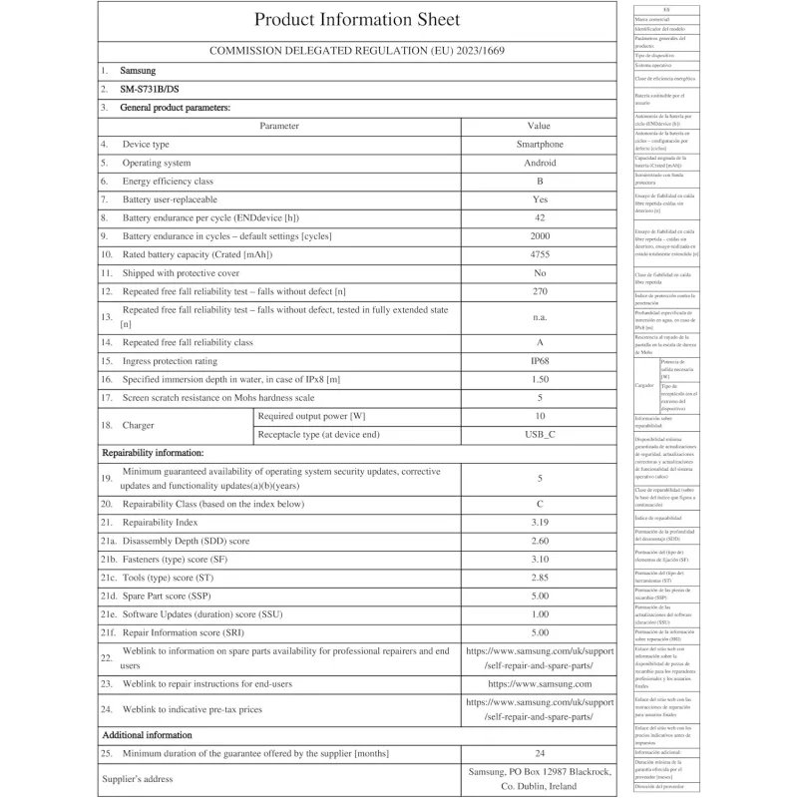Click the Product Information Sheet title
click(357, 20)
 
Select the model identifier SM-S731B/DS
click(150, 89)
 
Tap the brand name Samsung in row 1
click(138, 71)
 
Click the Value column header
click(539, 126)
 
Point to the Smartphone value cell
click(539, 145)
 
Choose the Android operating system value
click(539, 163)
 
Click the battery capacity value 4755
click(539, 254)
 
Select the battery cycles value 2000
click(539, 235)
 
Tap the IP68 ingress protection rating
click(539, 361)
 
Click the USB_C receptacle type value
click(539, 434)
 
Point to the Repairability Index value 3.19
click(539, 522)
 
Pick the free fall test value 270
click(539, 290)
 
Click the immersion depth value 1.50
click(539, 379)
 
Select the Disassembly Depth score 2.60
click(539, 540)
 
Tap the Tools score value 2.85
click(539, 577)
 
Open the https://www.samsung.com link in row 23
click(539, 683)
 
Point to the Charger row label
click(139, 425)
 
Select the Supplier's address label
click(138, 779)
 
